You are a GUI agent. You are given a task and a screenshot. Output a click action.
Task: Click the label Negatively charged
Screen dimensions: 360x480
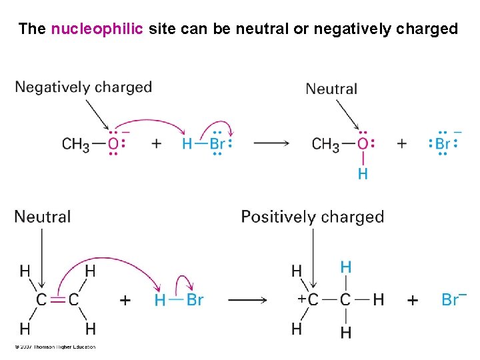[x=83, y=87]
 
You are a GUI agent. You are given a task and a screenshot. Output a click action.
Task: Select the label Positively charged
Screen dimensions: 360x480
[x=312, y=217]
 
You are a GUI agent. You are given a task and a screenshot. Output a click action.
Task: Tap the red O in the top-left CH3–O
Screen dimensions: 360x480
[x=113, y=144]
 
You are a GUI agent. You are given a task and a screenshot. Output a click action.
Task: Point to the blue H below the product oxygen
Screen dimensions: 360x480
[x=363, y=174]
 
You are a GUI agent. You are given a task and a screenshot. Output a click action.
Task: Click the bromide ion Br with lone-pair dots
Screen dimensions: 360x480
[x=443, y=144]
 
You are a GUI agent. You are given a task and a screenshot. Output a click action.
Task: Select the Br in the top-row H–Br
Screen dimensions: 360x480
[x=217, y=144]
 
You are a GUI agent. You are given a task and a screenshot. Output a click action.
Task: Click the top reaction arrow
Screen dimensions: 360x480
[x=271, y=143]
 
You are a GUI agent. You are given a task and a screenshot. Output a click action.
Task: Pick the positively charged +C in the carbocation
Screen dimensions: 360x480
[x=309, y=299]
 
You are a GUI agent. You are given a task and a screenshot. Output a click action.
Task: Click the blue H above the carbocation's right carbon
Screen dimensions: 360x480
[x=345, y=267]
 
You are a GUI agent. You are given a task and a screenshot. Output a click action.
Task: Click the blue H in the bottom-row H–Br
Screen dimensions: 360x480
[x=160, y=300]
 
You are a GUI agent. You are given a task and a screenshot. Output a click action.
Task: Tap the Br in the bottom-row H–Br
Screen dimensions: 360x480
[x=194, y=300]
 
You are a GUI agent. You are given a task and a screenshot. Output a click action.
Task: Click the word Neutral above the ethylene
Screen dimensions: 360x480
[x=42, y=217]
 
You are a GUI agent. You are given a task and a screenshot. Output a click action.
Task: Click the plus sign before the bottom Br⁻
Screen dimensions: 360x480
[x=413, y=300]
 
